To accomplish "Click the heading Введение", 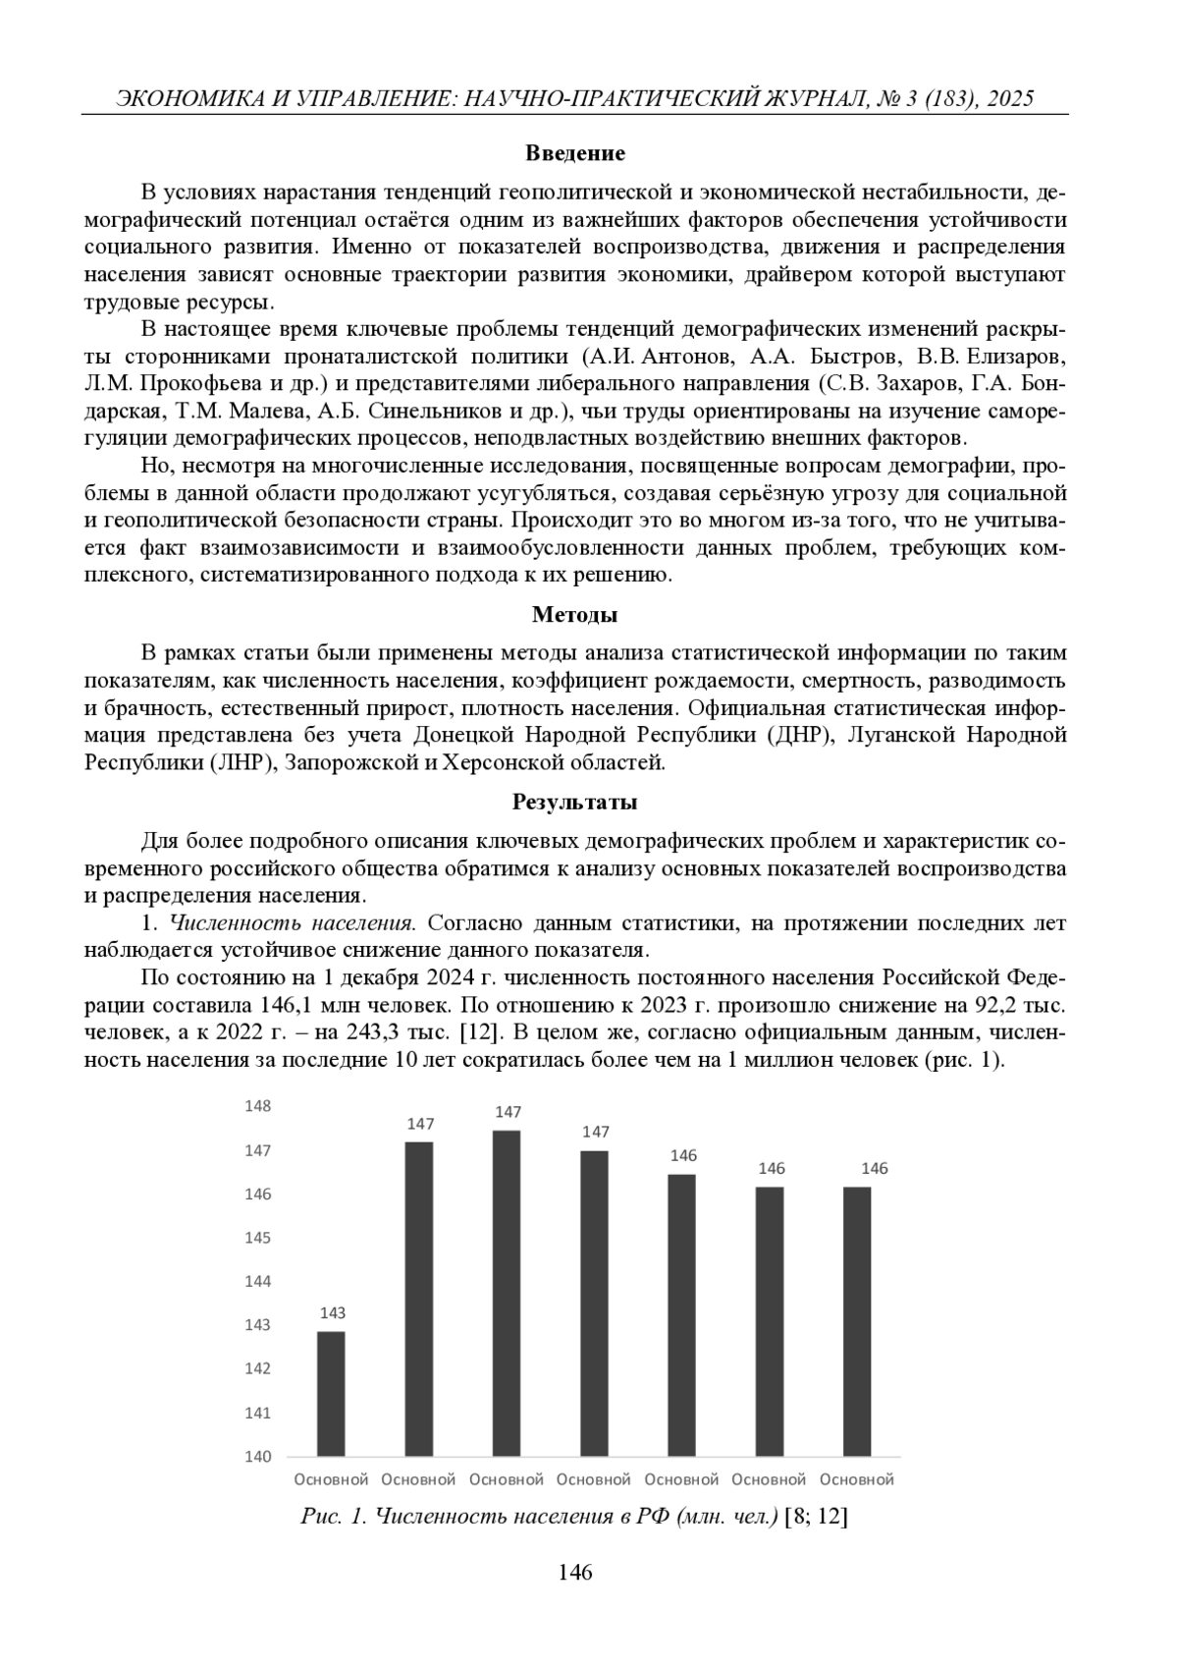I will coord(575,153).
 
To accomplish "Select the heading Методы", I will coord(575,615).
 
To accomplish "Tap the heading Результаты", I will coord(575,802).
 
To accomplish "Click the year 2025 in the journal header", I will coord(1004,98).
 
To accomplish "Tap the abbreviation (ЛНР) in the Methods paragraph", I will coord(242,762).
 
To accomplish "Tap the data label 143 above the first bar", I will coord(332,1312).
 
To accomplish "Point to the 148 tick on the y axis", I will coord(257,1106).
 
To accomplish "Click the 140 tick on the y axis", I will coord(257,1456).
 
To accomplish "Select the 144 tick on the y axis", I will coord(257,1281).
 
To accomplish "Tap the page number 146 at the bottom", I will coord(575,1573).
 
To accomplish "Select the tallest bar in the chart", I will coord(507,1293).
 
